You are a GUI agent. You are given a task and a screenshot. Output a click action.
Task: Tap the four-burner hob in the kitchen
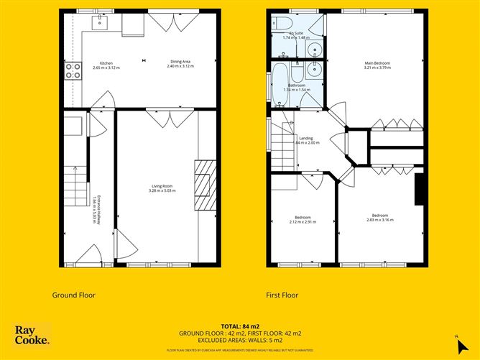(73, 70)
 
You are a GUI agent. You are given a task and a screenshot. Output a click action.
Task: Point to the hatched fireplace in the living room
(205, 185)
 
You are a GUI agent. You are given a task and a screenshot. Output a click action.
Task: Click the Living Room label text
(161, 188)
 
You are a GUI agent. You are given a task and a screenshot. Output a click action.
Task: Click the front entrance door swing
(91, 254)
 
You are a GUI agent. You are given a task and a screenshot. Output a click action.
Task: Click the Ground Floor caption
(73, 295)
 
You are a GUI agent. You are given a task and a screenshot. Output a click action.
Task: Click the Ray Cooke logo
(32, 335)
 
